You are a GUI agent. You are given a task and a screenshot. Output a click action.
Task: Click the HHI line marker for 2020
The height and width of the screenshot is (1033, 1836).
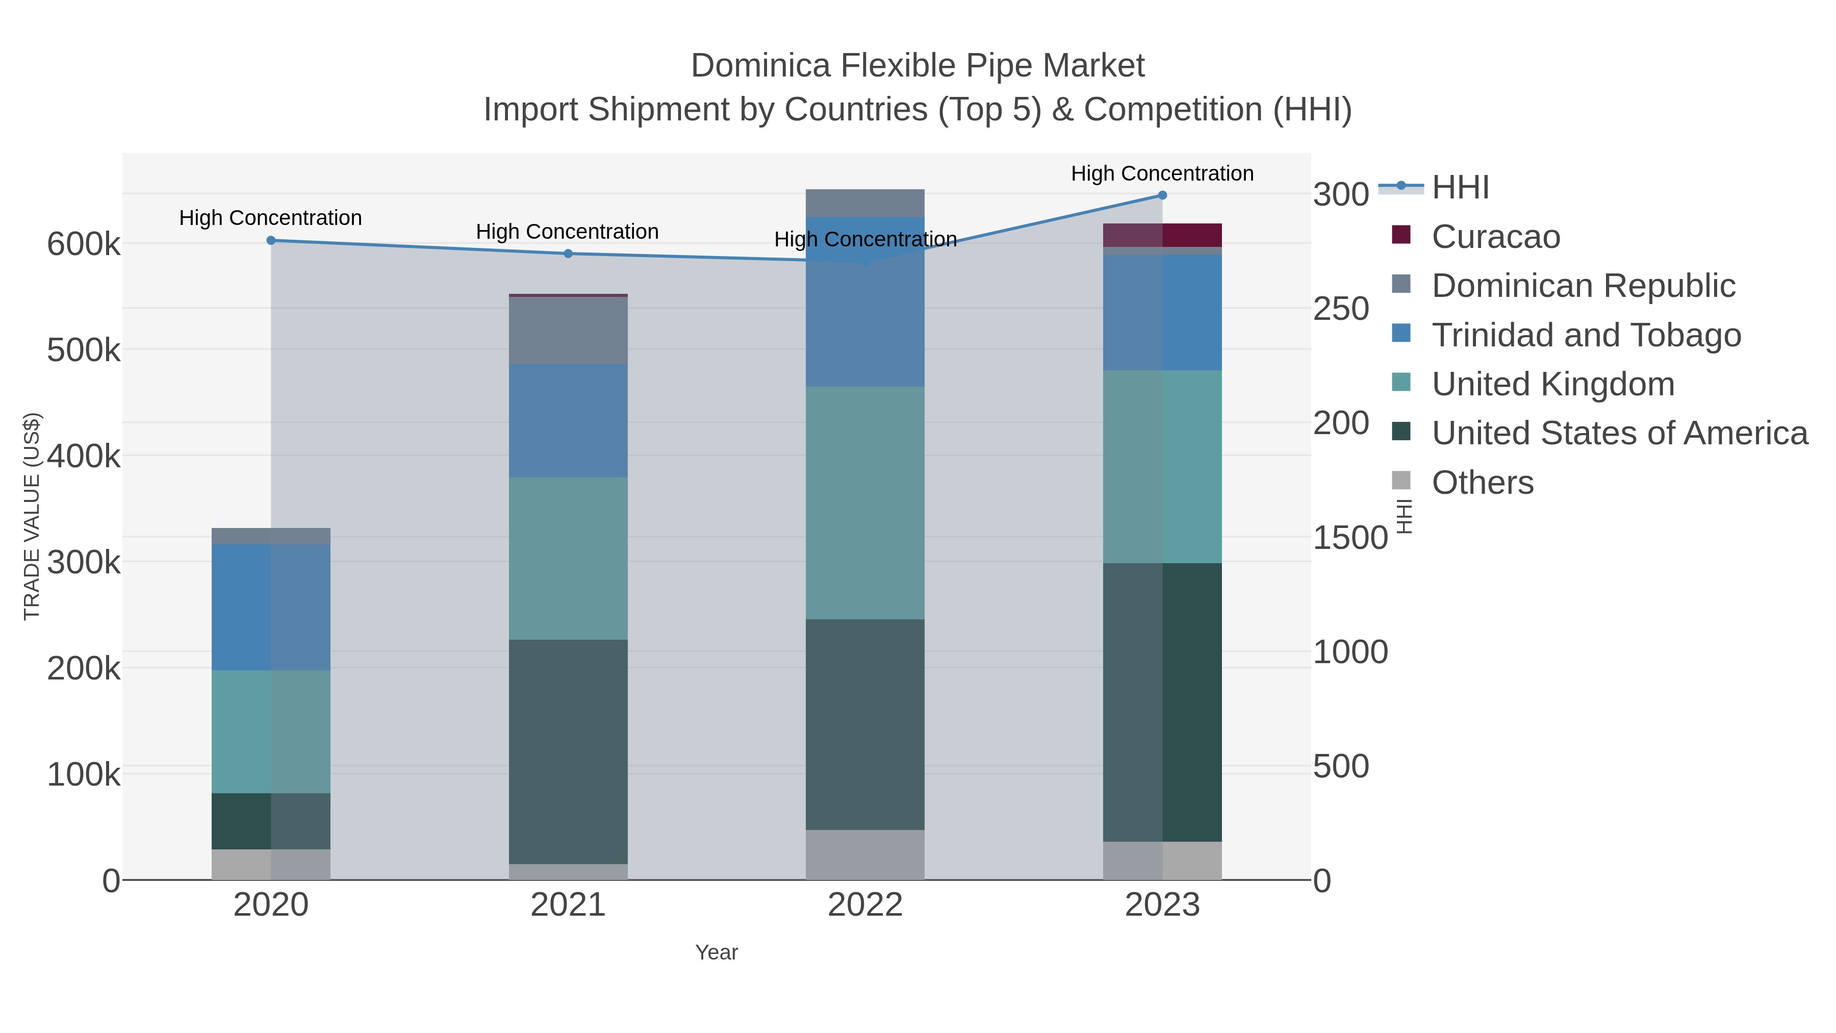point(271,240)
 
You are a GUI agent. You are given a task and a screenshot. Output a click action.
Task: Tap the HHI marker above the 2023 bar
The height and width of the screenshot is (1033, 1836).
point(1162,195)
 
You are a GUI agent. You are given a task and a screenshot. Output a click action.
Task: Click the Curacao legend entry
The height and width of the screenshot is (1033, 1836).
point(1495,237)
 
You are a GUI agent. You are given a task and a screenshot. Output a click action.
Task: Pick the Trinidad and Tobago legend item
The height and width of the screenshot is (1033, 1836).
point(1586,335)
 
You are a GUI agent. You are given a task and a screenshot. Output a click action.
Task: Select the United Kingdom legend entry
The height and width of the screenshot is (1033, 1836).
point(1552,384)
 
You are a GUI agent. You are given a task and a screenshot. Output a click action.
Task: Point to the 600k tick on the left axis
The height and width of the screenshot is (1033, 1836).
point(84,244)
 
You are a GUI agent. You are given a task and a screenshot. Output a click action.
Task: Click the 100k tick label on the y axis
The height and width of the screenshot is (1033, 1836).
point(84,774)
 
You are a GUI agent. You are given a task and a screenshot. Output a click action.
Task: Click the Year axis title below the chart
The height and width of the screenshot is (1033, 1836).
point(717,952)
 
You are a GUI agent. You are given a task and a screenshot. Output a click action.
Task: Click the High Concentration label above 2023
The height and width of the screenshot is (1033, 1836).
point(1162,173)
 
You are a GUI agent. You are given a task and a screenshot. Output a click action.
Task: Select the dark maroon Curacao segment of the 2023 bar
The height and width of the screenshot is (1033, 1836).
point(1192,235)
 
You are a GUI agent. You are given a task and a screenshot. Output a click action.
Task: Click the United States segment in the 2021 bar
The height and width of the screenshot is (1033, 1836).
point(568,751)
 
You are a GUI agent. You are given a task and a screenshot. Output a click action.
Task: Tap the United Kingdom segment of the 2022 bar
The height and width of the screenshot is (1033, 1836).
point(865,502)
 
